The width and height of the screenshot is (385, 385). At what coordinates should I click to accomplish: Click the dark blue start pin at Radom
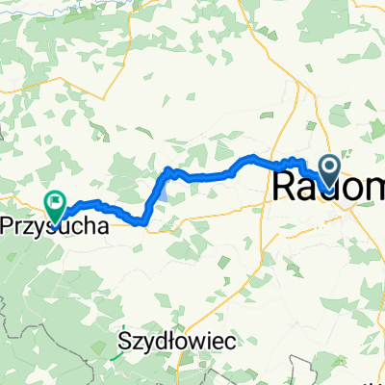pyautogui.click(x=329, y=170)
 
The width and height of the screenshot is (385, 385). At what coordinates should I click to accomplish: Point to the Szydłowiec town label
pyautogui.click(x=178, y=341)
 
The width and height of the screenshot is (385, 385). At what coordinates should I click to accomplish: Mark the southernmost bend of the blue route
pyautogui.click(x=143, y=223)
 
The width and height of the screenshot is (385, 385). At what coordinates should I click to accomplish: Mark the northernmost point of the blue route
pyautogui.click(x=252, y=156)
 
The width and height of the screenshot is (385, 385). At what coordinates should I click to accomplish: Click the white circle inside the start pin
pyautogui.click(x=329, y=168)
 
